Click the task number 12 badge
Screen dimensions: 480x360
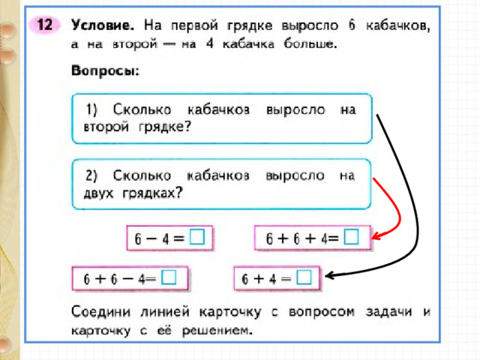coord(45,25)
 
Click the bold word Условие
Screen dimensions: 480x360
coord(103,25)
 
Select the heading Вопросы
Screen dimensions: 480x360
coord(105,70)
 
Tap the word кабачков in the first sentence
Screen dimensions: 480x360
coord(398,25)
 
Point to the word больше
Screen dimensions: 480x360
coord(310,43)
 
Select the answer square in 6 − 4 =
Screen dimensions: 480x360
coord(197,236)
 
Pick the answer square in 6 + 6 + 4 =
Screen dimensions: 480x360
coord(351,236)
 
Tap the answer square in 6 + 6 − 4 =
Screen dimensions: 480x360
coord(169,277)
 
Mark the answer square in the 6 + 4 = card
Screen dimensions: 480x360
coord(304,277)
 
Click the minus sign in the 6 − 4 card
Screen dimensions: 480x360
coord(151,238)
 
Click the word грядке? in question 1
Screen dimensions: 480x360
coord(165,127)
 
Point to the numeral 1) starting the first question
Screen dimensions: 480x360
coord(91,109)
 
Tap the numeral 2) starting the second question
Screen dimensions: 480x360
coord(91,175)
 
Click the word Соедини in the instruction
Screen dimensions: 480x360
coord(100,312)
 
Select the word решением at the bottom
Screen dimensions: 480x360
coord(217,331)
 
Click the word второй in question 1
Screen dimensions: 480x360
coord(106,127)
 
